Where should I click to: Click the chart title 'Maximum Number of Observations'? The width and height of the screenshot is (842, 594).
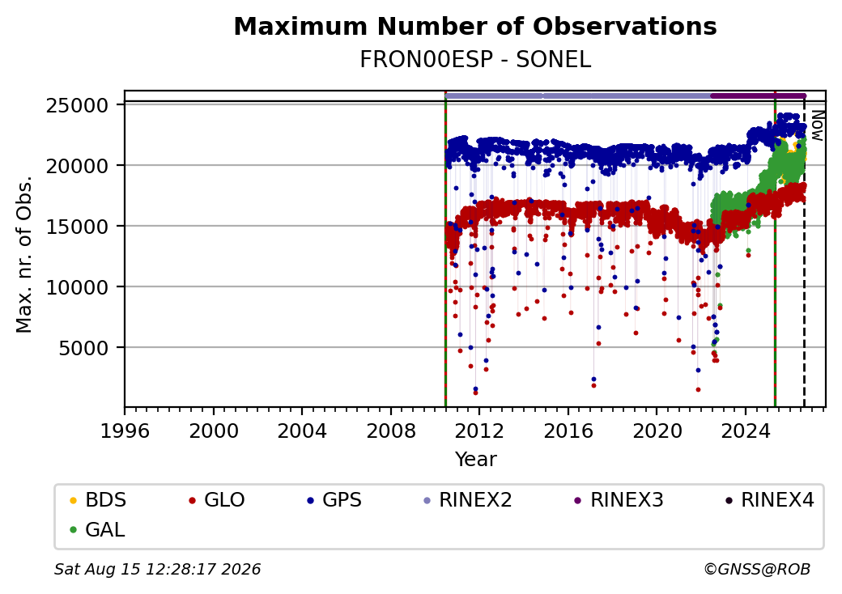click(x=475, y=26)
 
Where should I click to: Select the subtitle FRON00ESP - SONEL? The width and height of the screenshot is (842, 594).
click(x=475, y=60)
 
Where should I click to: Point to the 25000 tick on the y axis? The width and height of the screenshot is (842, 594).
click(x=78, y=106)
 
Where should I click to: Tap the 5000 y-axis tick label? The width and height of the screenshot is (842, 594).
click(x=83, y=349)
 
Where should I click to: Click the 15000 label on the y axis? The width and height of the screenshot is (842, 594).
click(x=78, y=227)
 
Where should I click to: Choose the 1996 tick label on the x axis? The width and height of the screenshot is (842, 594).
click(x=125, y=431)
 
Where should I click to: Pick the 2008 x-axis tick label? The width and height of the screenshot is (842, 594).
click(x=391, y=431)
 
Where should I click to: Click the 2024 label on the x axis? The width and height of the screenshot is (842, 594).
click(x=746, y=431)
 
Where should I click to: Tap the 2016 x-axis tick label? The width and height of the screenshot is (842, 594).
click(x=568, y=431)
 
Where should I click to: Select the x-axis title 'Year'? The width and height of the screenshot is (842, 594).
click(x=476, y=460)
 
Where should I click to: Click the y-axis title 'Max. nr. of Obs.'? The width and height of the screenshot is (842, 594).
click(x=24, y=254)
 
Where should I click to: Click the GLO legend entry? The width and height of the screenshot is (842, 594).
click(x=217, y=500)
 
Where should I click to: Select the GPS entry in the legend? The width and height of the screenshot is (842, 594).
click(x=334, y=500)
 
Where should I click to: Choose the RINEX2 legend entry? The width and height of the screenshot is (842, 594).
click(x=468, y=500)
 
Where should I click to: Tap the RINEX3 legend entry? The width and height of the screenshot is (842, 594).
click(x=619, y=500)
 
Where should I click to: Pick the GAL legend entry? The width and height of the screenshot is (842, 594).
click(x=98, y=529)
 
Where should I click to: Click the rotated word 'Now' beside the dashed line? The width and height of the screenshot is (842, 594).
click(x=817, y=125)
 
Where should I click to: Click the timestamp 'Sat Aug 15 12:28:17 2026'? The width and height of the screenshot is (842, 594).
click(x=158, y=569)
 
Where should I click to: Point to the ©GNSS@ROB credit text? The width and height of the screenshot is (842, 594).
click(x=757, y=569)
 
